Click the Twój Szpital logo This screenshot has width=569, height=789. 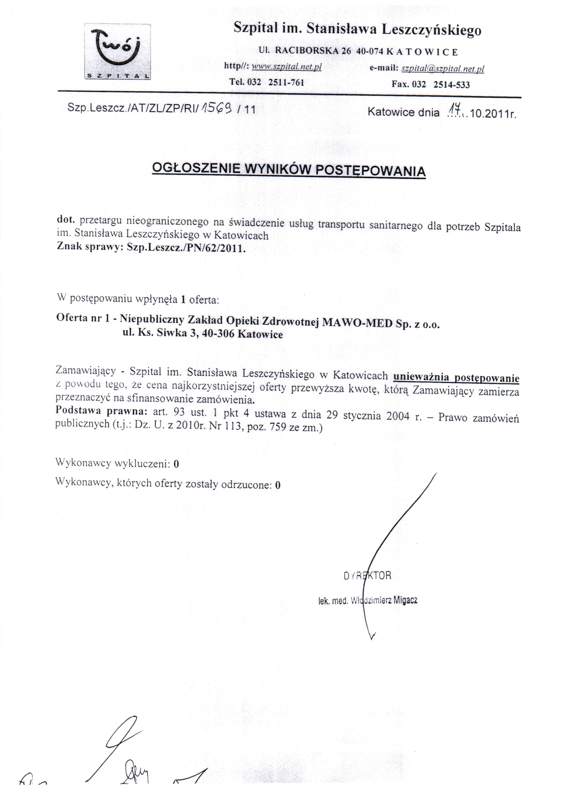[x=117, y=51]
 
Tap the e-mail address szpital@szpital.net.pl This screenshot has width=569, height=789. [x=442, y=69]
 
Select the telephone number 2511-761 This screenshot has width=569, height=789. [x=286, y=82]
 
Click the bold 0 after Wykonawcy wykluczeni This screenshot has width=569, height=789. [x=176, y=464]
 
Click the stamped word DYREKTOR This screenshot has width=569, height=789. [x=367, y=576]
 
